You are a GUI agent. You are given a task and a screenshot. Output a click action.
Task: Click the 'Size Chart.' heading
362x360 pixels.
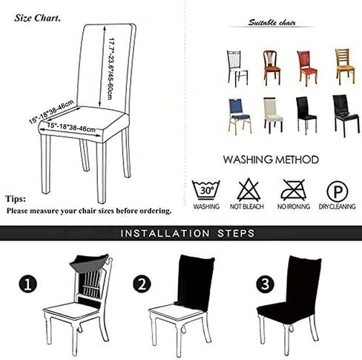click(x=37, y=18)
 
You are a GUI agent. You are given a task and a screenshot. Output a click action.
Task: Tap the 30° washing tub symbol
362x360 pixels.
click(x=205, y=190)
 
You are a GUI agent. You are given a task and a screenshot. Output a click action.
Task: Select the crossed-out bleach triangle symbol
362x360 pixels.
click(x=249, y=189)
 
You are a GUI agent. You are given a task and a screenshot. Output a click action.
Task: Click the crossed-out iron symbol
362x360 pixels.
click(x=294, y=190)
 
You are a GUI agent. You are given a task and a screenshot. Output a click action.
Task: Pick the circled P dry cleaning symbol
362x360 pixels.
click(x=338, y=192)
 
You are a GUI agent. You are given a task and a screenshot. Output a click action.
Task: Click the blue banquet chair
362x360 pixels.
click(x=239, y=117)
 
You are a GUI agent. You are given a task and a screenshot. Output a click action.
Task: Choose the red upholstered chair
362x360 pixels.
click(x=307, y=68)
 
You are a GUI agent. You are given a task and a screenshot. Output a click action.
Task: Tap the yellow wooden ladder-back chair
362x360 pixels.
click(x=345, y=66)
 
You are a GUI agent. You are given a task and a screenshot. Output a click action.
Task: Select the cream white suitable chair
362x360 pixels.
click(x=273, y=115)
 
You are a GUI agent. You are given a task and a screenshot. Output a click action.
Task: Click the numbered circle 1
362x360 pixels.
click(x=28, y=284)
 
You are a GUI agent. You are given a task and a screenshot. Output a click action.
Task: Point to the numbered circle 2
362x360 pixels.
click(x=142, y=284)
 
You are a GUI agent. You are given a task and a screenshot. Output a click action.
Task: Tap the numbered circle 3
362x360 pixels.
click(x=265, y=284)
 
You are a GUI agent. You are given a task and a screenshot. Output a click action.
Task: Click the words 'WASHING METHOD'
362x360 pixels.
click(x=271, y=160)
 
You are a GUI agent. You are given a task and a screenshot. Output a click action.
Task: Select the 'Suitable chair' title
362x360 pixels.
click(x=271, y=23)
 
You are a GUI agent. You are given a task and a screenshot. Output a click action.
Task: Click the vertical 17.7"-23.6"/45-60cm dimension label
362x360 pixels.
click(x=111, y=69)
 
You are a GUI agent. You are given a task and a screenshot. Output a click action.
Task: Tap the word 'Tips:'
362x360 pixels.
click(x=16, y=199)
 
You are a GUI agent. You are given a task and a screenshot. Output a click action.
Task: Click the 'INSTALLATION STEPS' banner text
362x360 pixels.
click(x=188, y=233)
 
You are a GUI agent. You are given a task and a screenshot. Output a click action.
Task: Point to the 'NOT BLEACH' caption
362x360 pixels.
click(x=247, y=206)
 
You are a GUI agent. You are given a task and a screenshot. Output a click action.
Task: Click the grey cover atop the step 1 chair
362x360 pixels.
click(x=89, y=263)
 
